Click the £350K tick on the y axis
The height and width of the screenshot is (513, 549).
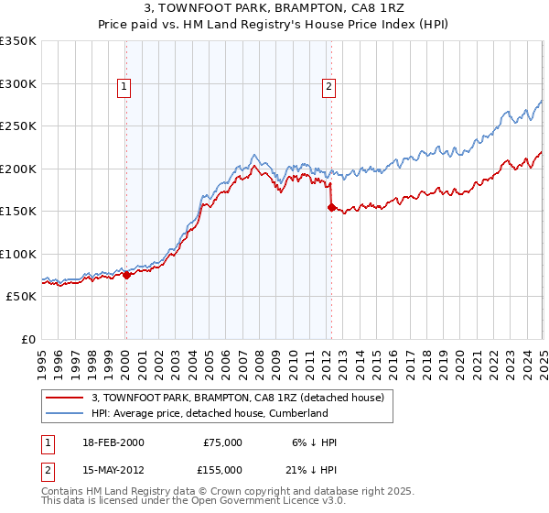click(18, 41)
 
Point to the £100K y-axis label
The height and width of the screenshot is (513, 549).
click(18, 254)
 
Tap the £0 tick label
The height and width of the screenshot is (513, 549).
click(28, 339)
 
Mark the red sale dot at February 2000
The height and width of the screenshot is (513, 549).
click(126, 275)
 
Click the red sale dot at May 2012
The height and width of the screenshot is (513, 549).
click(331, 207)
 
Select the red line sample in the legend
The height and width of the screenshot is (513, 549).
click(64, 398)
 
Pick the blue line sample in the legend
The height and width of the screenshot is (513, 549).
click(64, 413)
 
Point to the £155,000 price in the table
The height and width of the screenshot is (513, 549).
click(222, 469)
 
